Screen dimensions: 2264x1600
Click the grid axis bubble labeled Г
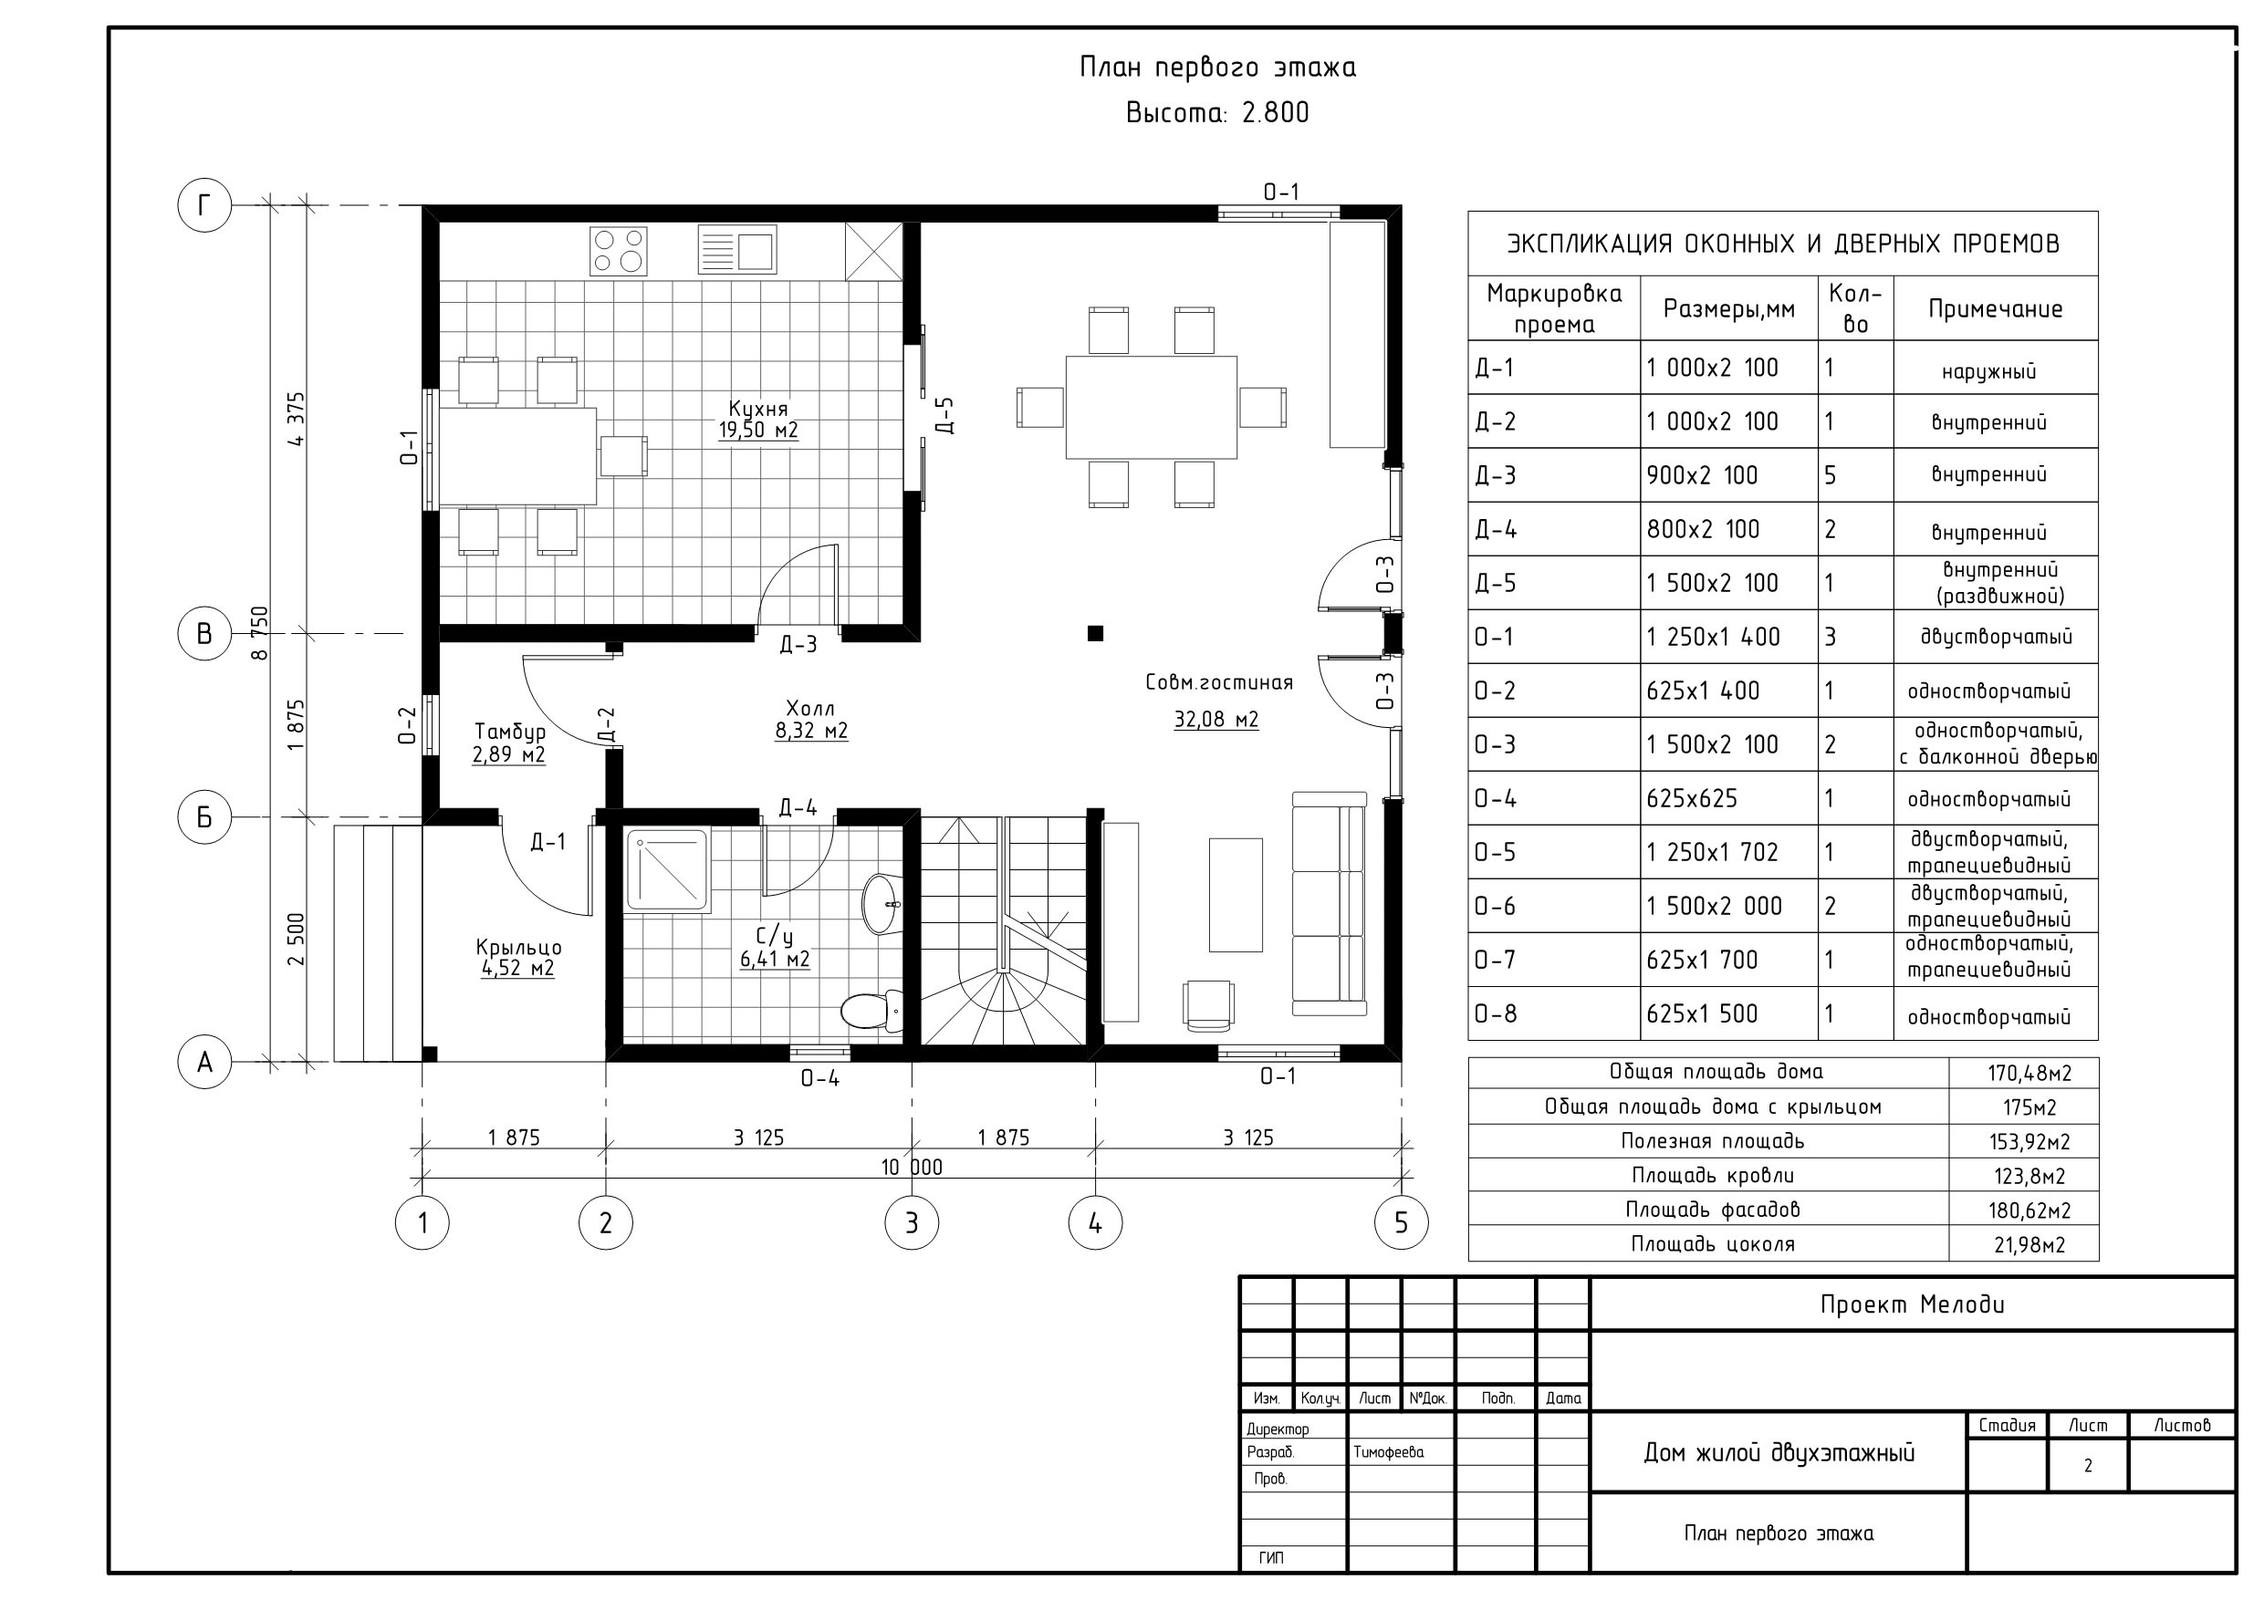point(204,205)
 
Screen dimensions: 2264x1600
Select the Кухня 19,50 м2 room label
point(758,419)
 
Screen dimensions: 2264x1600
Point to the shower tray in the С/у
point(668,870)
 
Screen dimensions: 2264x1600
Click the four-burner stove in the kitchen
point(619,251)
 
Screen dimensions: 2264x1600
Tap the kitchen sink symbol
point(736,248)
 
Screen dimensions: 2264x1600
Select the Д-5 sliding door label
point(944,415)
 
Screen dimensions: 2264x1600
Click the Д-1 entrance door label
point(548,841)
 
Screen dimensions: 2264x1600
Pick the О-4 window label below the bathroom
point(819,1078)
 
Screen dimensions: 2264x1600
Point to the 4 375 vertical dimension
point(296,419)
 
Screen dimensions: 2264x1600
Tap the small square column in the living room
point(1094,633)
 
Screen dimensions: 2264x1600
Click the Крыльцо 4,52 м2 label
point(517,957)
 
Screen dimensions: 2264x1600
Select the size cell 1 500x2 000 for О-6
point(1714,906)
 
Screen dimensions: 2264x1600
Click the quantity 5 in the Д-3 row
point(1831,475)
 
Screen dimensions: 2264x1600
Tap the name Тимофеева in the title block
point(1388,1452)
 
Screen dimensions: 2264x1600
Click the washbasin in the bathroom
point(881,903)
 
